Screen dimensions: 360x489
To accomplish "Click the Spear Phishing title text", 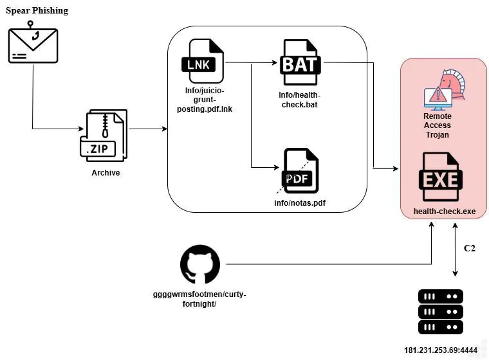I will [x=37, y=11].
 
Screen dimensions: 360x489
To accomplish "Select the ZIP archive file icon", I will [x=104, y=136].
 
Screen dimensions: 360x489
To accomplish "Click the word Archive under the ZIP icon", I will [x=106, y=173].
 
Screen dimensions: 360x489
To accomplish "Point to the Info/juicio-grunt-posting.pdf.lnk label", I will [x=205, y=100].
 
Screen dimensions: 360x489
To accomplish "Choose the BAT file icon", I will [x=300, y=62].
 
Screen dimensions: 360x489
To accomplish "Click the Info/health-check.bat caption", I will [x=299, y=100].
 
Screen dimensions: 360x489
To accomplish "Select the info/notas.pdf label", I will [x=300, y=203].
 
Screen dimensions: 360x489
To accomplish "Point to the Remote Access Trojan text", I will [x=437, y=125].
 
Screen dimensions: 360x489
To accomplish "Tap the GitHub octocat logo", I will [x=200, y=265].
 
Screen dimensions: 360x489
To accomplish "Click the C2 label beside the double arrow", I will [x=469, y=248].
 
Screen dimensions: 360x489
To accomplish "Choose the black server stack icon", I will [x=440, y=312].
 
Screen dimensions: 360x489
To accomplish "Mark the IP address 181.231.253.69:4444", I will [x=440, y=350].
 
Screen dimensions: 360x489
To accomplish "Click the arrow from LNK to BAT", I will [x=252, y=63].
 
